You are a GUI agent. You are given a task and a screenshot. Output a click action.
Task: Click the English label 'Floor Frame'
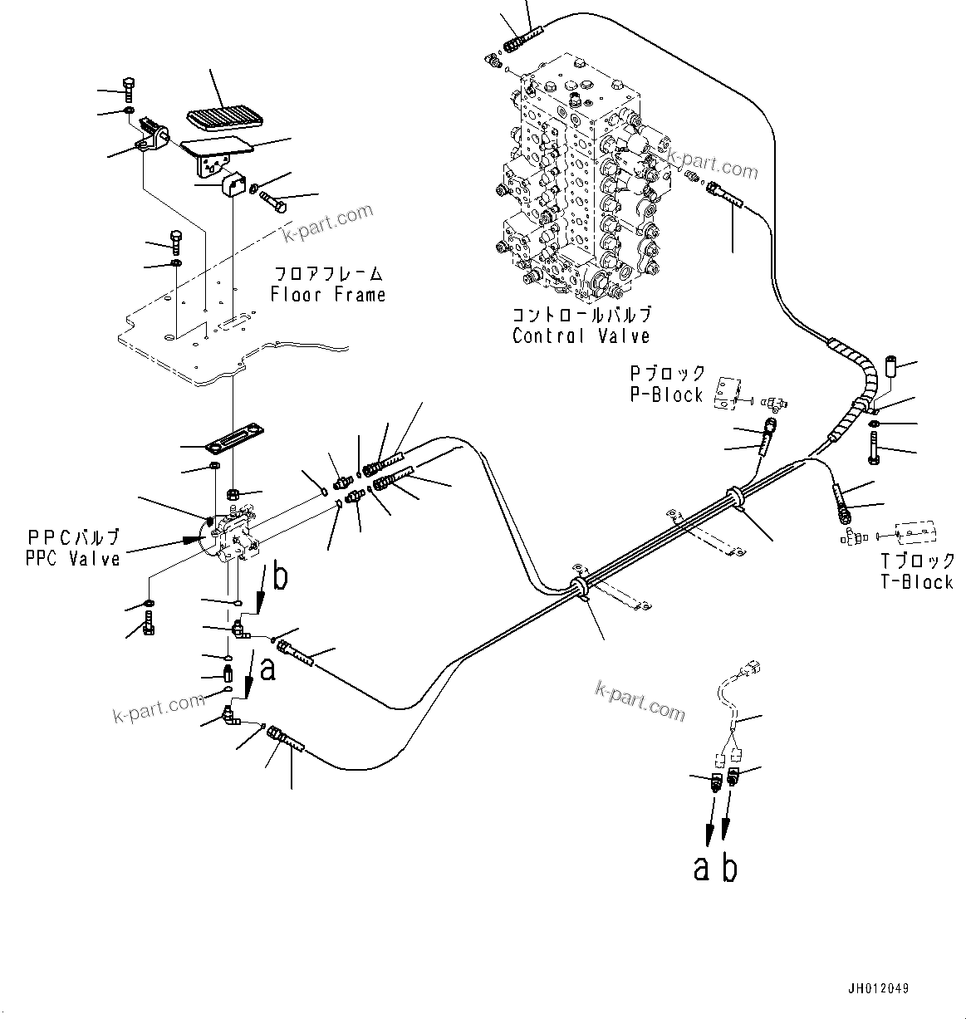click(x=327, y=295)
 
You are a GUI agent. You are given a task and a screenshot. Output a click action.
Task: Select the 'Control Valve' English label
click(x=581, y=336)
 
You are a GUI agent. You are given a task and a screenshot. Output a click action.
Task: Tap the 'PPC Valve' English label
click(x=73, y=559)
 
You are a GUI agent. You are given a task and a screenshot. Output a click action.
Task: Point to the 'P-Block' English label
click(x=666, y=395)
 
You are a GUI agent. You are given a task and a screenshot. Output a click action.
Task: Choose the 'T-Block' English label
click(x=917, y=582)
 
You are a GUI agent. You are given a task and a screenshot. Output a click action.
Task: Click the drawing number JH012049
click(x=878, y=988)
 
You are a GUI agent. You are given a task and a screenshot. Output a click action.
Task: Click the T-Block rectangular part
click(x=916, y=532)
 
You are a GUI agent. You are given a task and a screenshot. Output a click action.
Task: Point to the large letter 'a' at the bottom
click(x=703, y=869)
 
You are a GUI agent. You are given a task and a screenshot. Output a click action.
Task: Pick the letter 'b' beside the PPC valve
click(x=281, y=577)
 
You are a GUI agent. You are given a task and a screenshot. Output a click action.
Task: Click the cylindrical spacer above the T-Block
click(x=893, y=368)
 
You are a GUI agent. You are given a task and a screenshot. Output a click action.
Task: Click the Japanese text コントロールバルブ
click(x=581, y=316)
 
